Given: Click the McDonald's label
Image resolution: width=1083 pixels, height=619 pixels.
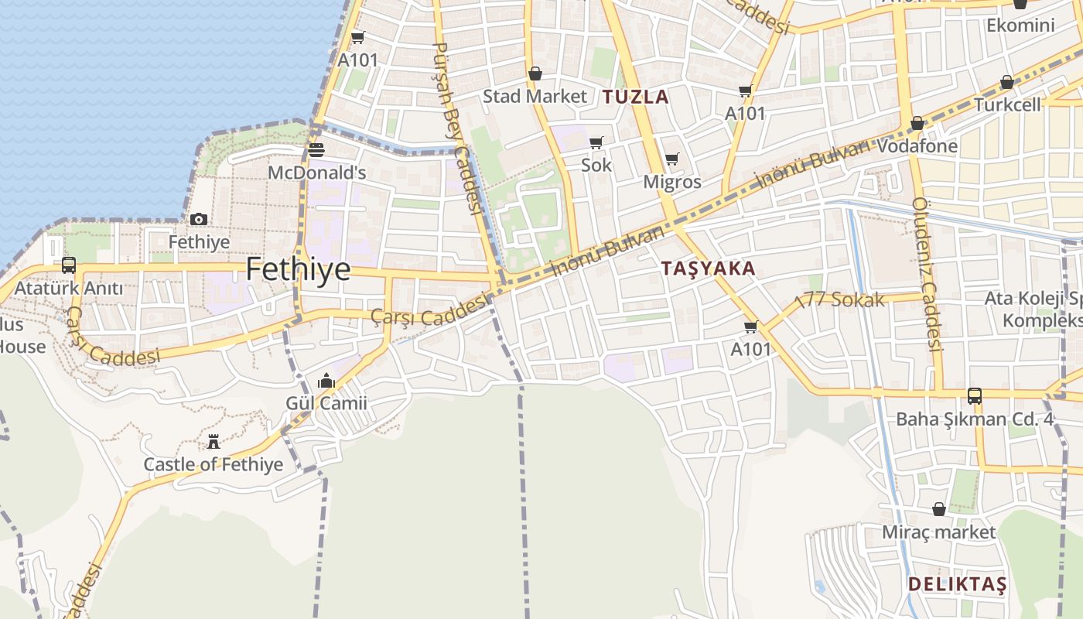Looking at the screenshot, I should pyautogui.click(x=316, y=173).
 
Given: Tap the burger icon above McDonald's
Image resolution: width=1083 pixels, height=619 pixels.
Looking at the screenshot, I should pyautogui.click(x=316, y=149).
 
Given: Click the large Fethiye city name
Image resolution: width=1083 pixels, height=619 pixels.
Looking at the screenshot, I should pyautogui.click(x=298, y=269).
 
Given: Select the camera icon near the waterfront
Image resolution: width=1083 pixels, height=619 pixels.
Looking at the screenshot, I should pyautogui.click(x=199, y=220).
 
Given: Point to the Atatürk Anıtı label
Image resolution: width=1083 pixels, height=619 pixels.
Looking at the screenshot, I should pyautogui.click(x=70, y=289).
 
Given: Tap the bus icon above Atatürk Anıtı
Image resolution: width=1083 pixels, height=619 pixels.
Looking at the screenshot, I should pyautogui.click(x=69, y=265).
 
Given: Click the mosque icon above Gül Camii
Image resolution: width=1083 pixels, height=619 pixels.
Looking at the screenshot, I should pyautogui.click(x=326, y=381).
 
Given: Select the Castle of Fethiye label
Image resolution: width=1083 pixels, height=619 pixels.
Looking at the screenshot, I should pyautogui.click(x=214, y=464).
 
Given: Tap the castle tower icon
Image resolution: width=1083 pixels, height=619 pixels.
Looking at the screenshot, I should pyautogui.click(x=214, y=442).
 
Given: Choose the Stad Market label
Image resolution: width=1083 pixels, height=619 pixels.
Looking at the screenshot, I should pyautogui.click(x=535, y=97).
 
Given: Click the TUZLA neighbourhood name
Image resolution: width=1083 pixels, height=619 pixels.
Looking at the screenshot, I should pyautogui.click(x=636, y=97).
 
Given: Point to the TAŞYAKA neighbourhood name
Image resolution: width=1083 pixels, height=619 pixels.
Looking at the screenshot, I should pyautogui.click(x=709, y=268).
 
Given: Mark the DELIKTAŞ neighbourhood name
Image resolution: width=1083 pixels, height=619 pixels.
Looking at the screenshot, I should pyautogui.click(x=958, y=583).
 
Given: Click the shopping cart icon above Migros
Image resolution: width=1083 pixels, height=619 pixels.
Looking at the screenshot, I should pyautogui.click(x=672, y=159).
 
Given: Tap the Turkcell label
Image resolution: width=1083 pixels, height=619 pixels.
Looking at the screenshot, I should pyautogui.click(x=1007, y=104).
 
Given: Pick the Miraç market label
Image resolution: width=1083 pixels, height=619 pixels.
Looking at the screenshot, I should pyautogui.click(x=939, y=532).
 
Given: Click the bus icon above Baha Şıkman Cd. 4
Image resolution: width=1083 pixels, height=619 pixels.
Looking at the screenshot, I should pyautogui.click(x=975, y=396).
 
